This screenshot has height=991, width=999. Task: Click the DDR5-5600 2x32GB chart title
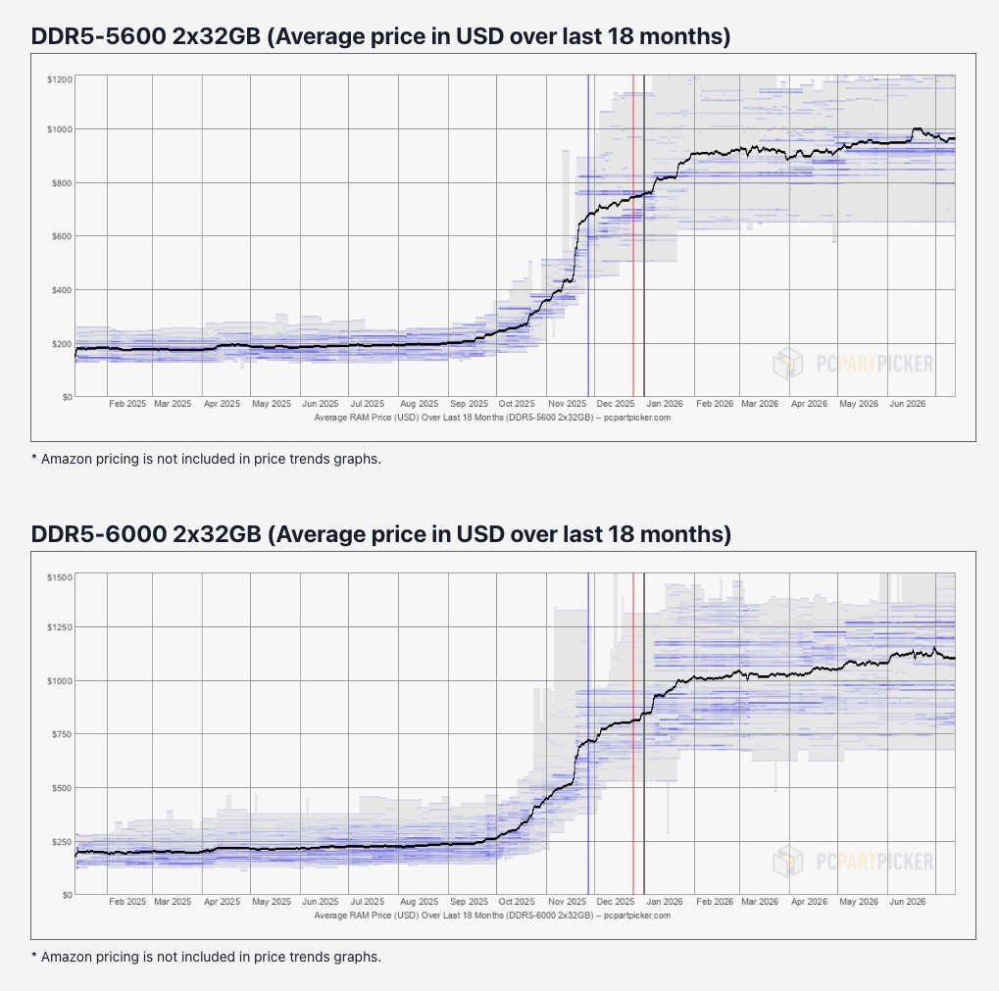point(380,36)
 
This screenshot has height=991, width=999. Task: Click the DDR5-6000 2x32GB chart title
point(381,534)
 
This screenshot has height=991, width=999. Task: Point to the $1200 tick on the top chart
point(59,79)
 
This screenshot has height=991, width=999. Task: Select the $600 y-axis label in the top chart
point(62,236)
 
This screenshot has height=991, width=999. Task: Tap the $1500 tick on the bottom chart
point(59,577)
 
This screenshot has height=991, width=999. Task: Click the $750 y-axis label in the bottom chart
point(62,734)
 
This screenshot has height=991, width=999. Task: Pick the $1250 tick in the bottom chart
point(59,627)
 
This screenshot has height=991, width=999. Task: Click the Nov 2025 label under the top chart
point(567,404)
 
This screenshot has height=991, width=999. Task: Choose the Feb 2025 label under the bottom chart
point(127,902)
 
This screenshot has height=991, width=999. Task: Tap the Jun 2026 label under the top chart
point(907,404)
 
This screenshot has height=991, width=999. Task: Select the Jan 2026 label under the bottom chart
point(665,902)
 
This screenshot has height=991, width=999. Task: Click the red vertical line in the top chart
point(633,235)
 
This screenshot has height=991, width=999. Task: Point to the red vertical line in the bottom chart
point(633,734)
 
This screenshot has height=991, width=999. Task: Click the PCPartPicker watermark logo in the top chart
point(853,364)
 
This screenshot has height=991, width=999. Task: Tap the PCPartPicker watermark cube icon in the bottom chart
point(787,862)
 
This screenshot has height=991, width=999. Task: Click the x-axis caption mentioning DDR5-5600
point(492,418)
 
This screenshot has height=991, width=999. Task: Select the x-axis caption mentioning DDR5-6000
point(492,916)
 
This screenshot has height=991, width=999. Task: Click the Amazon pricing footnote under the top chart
point(207,459)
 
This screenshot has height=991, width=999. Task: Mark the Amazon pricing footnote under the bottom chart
point(207,958)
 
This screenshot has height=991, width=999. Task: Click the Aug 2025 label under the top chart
point(420,404)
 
